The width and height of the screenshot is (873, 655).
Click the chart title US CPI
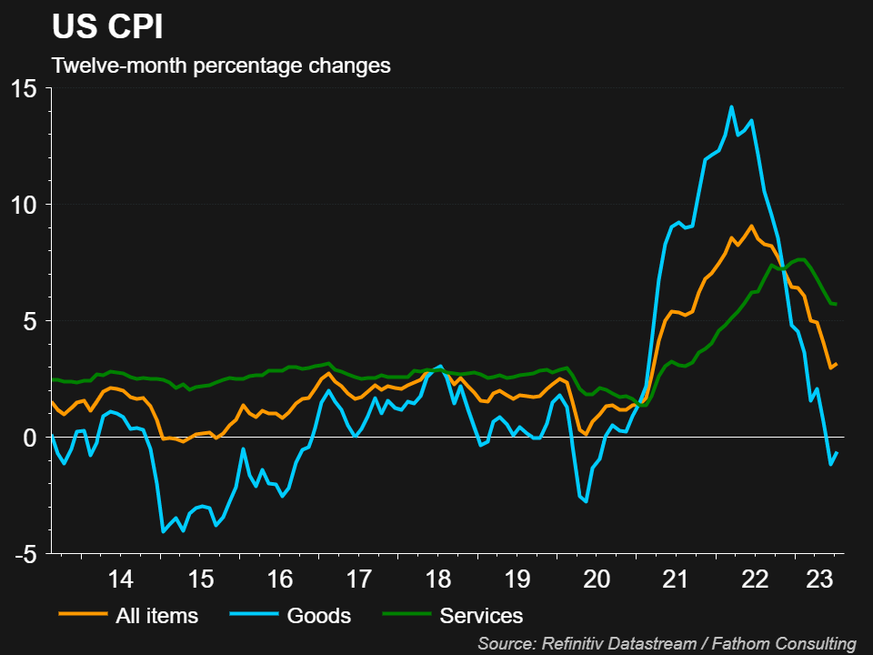click(x=107, y=27)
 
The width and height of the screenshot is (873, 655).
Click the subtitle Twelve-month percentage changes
click(x=221, y=66)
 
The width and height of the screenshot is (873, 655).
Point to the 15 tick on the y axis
click(x=25, y=89)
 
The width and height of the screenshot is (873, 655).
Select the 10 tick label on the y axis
click(x=25, y=205)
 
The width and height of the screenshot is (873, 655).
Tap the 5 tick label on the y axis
click(x=31, y=321)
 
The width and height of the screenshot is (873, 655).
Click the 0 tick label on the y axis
click(x=31, y=438)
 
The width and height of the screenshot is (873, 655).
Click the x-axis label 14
click(x=120, y=579)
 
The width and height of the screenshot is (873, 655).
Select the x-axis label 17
click(x=359, y=579)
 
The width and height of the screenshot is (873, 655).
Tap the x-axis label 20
click(x=597, y=579)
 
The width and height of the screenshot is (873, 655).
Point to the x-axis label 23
click(x=821, y=579)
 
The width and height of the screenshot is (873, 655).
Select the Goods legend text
click(x=318, y=616)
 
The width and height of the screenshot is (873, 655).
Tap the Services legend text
click(x=481, y=616)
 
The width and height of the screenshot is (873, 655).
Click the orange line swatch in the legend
click(x=83, y=616)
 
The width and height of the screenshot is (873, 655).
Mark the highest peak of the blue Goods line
click(x=731, y=106)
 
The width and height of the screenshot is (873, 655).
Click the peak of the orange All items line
click(x=751, y=226)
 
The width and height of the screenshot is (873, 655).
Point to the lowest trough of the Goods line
click(x=163, y=531)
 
